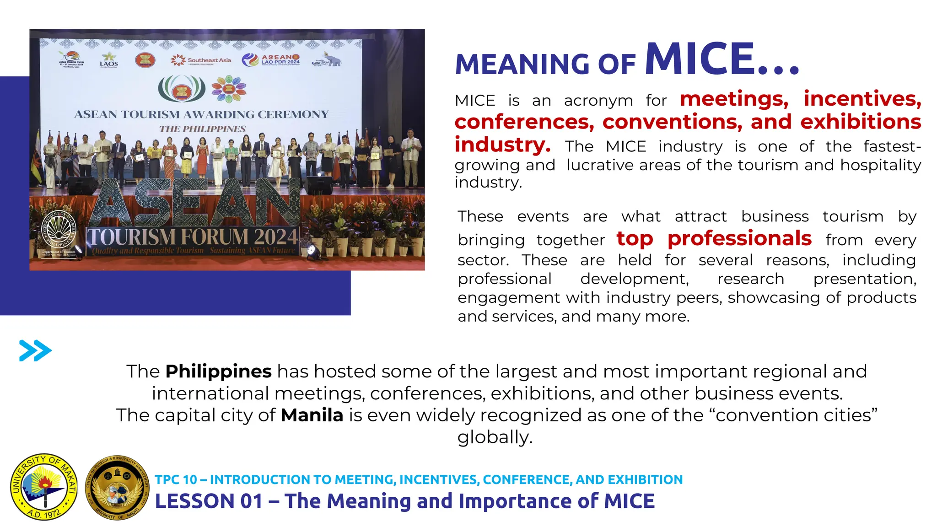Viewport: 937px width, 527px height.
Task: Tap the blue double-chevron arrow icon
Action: [x=35, y=351]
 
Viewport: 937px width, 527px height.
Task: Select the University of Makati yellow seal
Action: [x=44, y=487]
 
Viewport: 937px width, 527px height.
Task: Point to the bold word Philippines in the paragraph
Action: [x=218, y=371]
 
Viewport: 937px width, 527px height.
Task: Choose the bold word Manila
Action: [x=312, y=415]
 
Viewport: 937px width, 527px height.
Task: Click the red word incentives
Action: [x=862, y=99]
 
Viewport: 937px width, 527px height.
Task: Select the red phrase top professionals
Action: [x=714, y=238]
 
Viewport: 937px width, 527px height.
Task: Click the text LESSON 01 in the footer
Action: [x=209, y=501]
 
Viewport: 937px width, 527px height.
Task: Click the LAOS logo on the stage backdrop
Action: [x=109, y=61]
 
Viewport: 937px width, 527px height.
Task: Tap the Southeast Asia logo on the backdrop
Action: [x=201, y=60]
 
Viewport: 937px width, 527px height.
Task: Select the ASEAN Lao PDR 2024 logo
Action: [x=271, y=59]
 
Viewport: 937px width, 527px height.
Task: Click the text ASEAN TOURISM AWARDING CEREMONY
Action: [x=201, y=114]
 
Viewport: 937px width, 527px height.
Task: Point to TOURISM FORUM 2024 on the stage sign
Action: [x=193, y=237]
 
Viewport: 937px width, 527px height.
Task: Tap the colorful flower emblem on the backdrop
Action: [x=229, y=89]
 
